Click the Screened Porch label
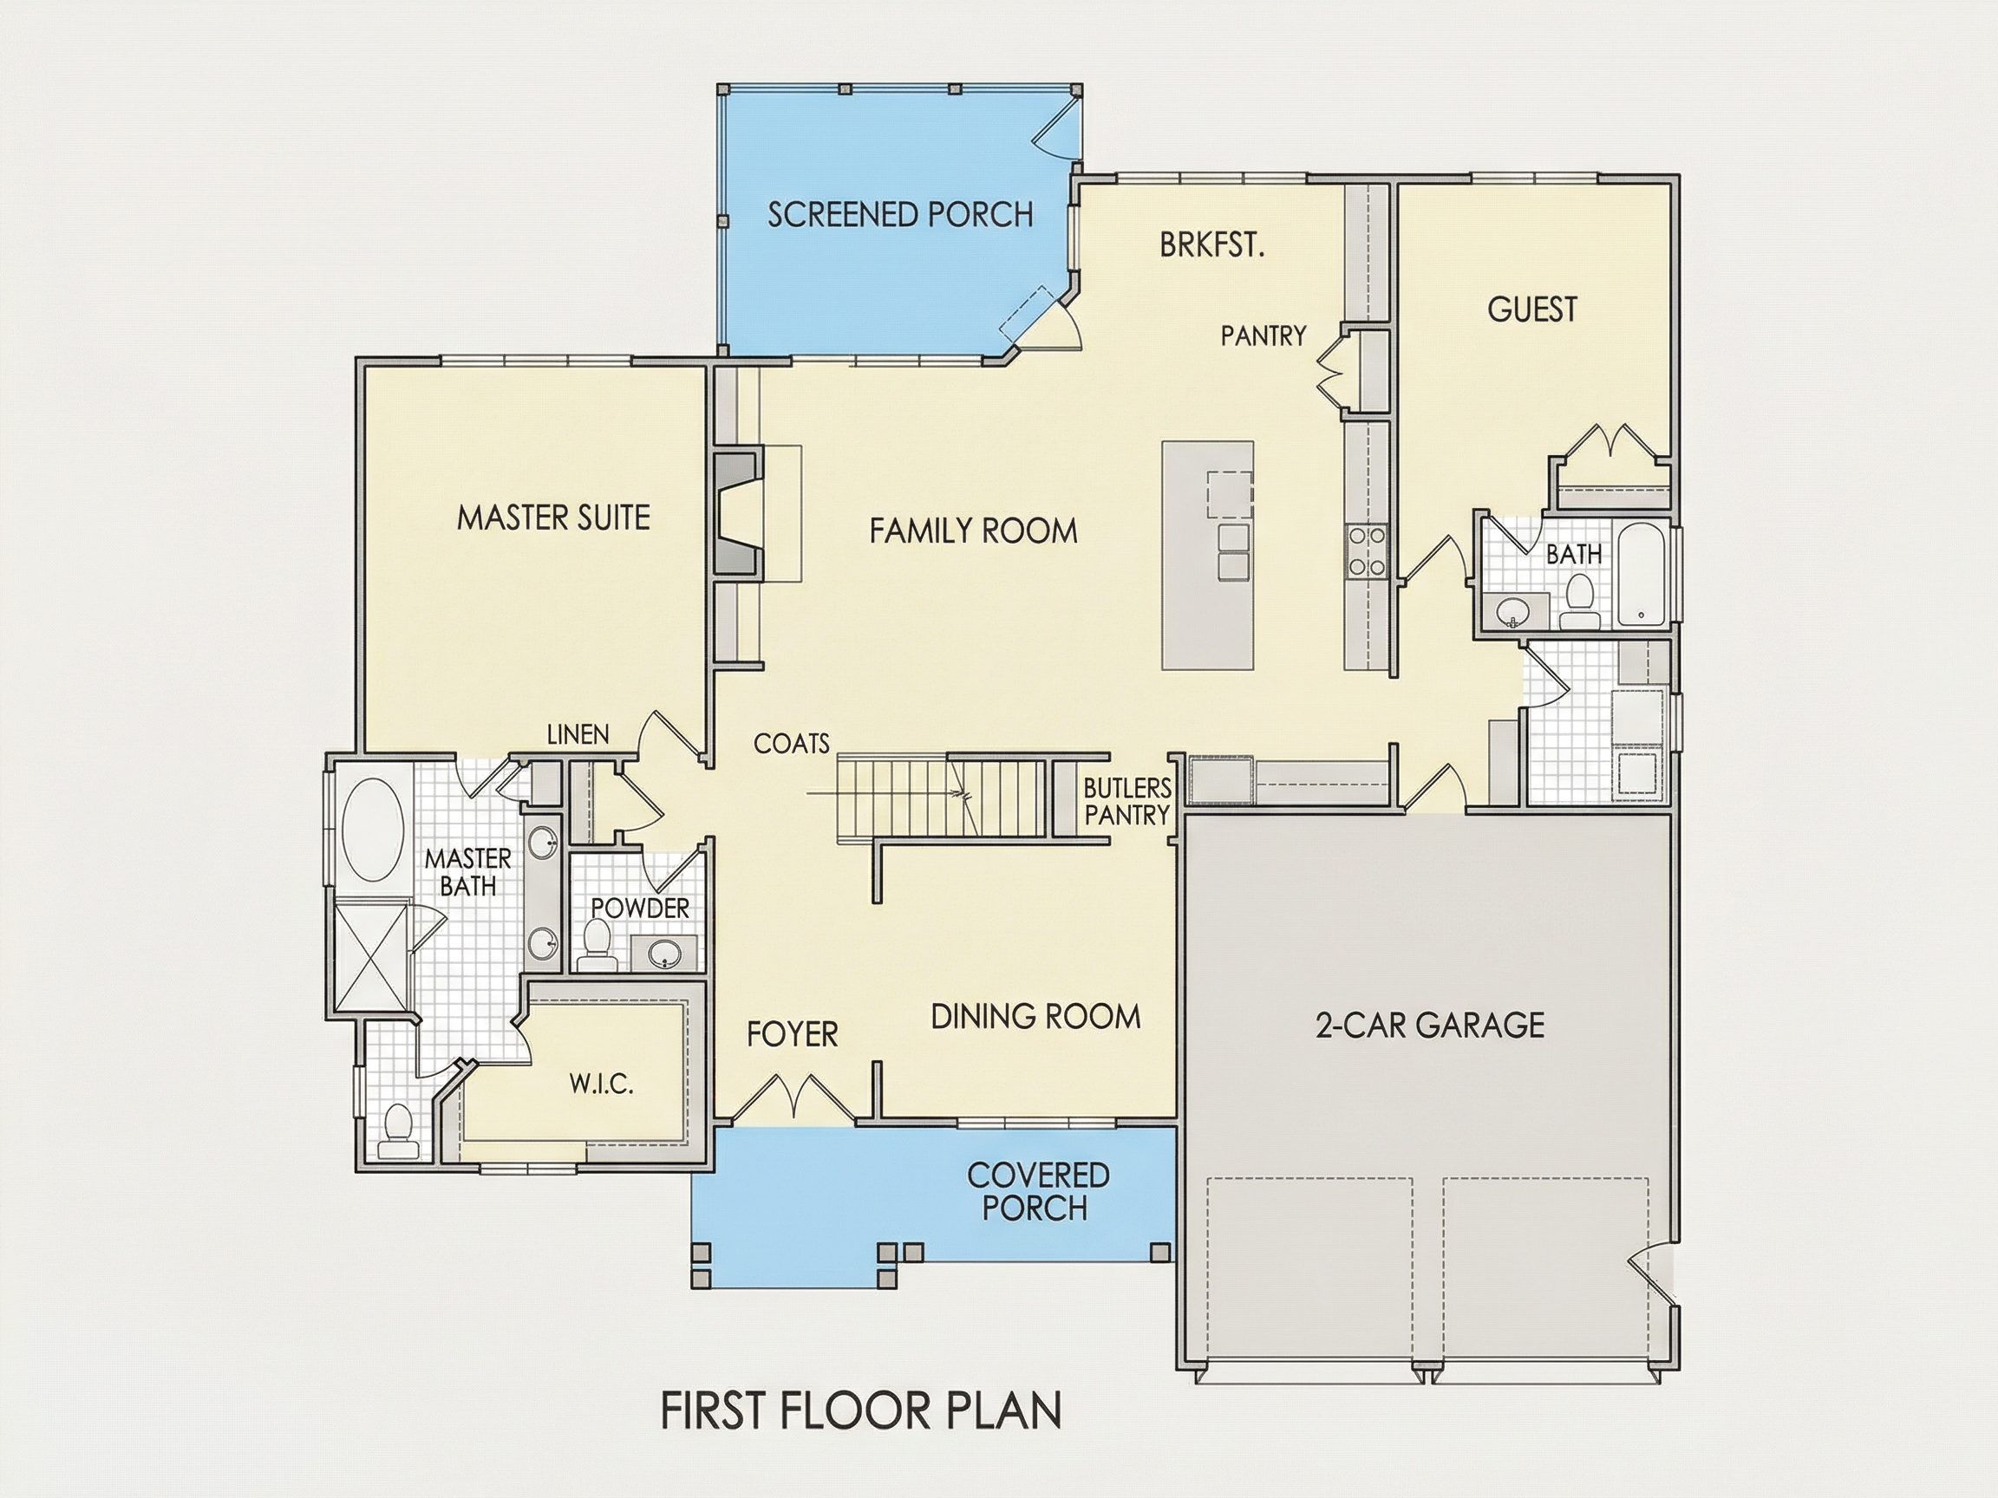tap(900, 214)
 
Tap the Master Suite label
tap(553, 518)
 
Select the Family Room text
tap(974, 530)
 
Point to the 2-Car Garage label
tap(1430, 1025)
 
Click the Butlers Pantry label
tap(1127, 802)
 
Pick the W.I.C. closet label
tap(602, 1084)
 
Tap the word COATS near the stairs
tap(792, 743)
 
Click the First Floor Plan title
tap(862, 1410)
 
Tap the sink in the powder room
tap(667, 954)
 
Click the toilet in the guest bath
tap(1580, 602)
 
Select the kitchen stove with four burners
tap(1366, 551)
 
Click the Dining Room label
tap(1036, 1018)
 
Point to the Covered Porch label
tap(1038, 1191)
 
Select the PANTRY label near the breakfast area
tap(1263, 335)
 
